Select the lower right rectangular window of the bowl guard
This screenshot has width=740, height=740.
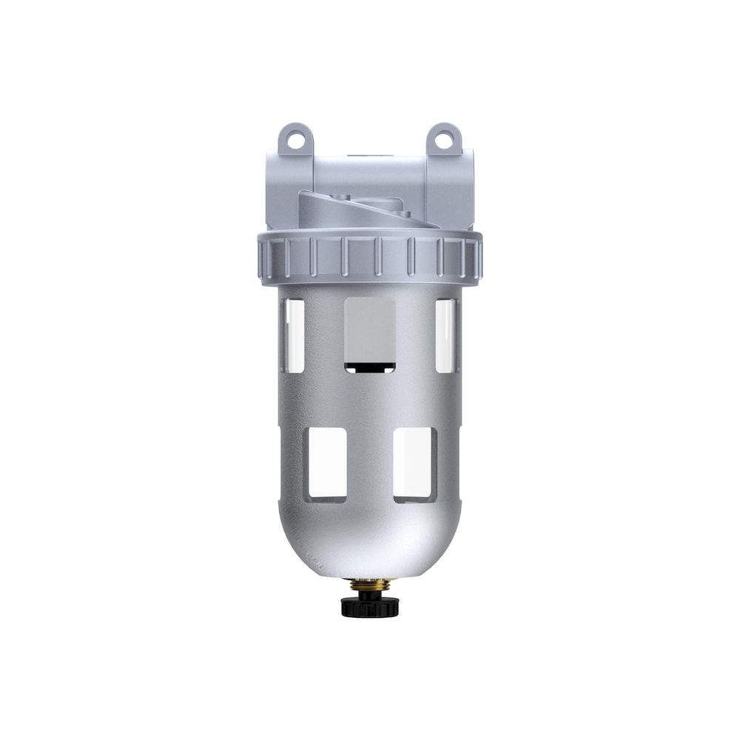(x=415, y=465)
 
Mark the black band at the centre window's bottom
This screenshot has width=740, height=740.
(x=370, y=365)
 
